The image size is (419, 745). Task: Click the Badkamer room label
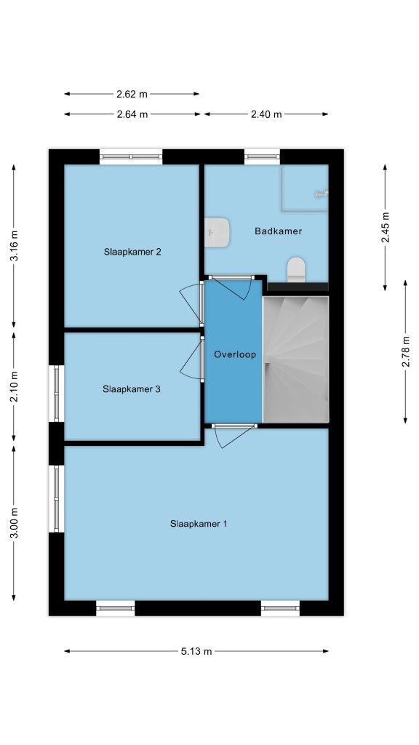tap(279, 231)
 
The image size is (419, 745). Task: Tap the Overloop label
tap(235, 354)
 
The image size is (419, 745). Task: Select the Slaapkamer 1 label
tap(199, 524)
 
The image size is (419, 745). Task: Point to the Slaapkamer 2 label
tap(132, 252)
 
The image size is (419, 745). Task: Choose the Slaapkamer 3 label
tap(132, 389)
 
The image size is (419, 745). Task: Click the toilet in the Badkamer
tap(297, 269)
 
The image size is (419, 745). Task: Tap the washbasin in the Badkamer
tap(218, 232)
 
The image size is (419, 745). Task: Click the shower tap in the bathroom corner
tap(322, 193)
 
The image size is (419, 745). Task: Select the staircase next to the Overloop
tap(295, 359)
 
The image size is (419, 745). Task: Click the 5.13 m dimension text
tap(196, 651)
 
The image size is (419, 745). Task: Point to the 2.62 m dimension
tap(132, 94)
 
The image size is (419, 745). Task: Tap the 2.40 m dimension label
tap(266, 114)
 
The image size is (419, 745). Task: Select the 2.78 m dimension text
tap(406, 351)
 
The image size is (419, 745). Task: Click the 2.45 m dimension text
tap(386, 227)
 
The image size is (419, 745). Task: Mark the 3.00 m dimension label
tap(15, 522)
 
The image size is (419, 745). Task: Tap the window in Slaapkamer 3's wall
tap(56, 394)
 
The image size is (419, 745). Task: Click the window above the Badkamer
tap(262, 157)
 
